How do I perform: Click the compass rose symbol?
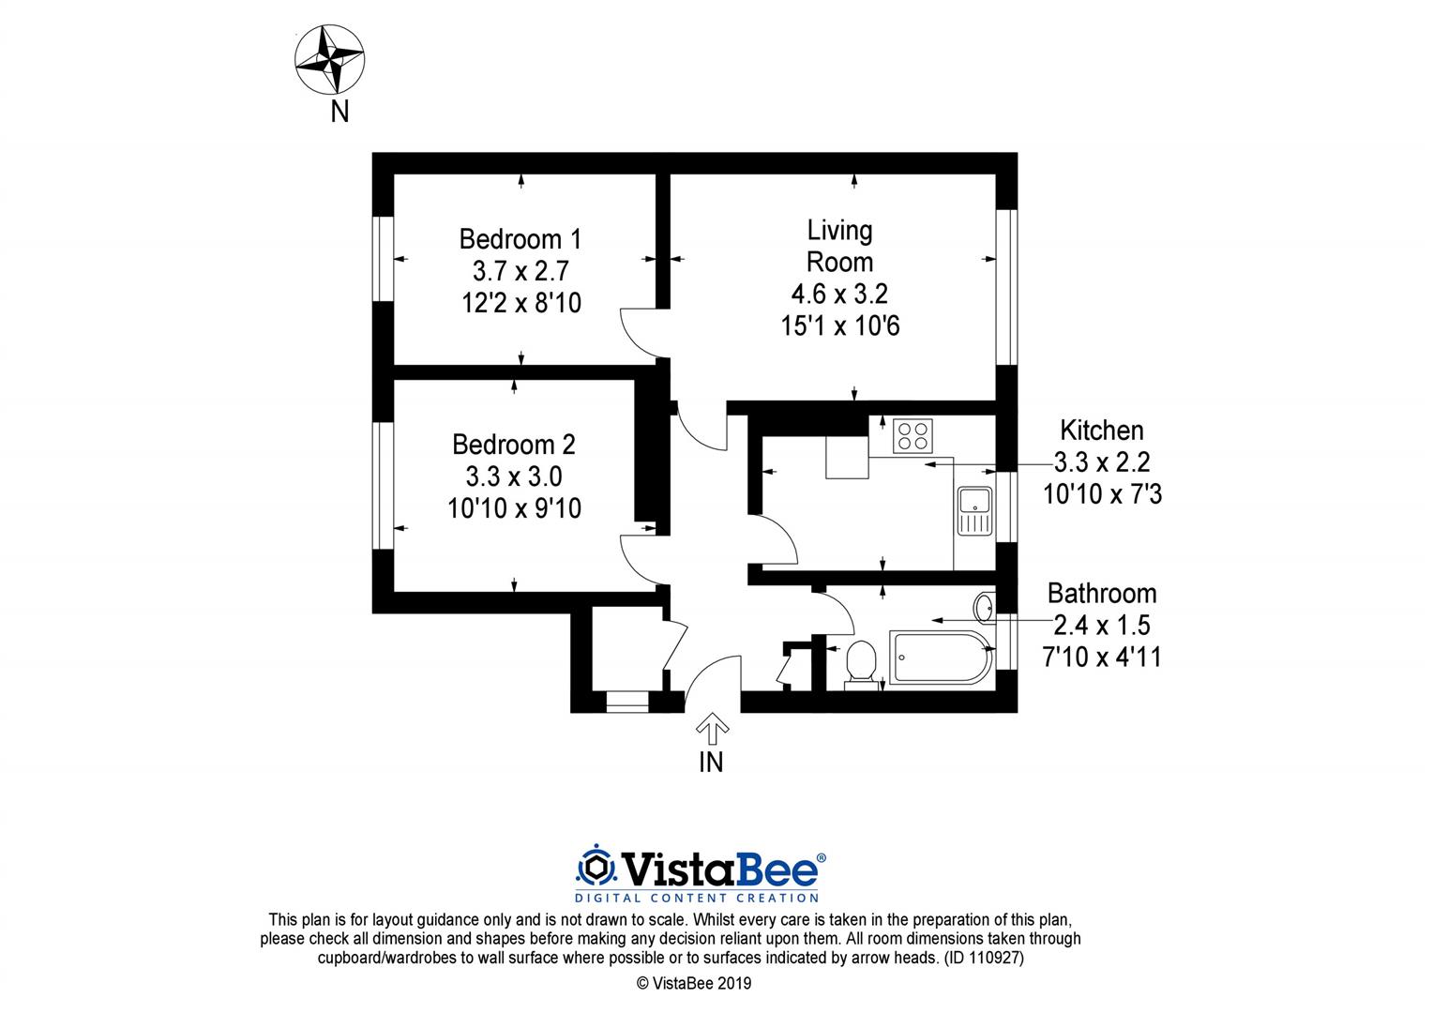click(x=330, y=61)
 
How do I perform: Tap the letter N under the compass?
click(x=339, y=112)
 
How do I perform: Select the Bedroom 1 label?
click(x=520, y=238)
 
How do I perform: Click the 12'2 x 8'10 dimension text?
click(x=520, y=303)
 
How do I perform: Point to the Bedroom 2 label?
click(x=513, y=444)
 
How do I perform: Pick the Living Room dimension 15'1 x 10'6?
click(x=839, y=326)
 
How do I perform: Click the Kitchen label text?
click(x=1101, y=431)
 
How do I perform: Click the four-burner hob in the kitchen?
click(x=913, y=435)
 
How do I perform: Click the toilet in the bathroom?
click(x=860, y=662)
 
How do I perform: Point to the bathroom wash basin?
click(x=985, y=608)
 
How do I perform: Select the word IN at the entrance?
click(x=711, y=763)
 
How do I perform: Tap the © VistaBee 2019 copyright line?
click(x=693, y=984)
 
